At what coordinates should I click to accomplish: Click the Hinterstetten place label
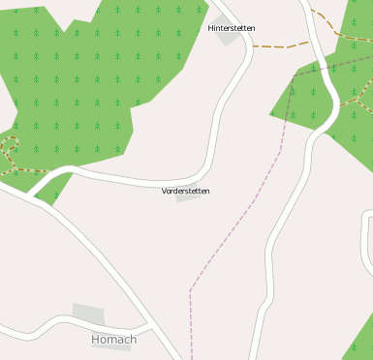click(232, 28)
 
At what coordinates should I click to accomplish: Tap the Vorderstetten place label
click(185, 191)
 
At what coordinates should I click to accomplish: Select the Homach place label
click(113, 340)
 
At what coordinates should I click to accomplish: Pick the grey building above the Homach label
click(88, 315)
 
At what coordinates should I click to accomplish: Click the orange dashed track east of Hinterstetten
click(281, 45)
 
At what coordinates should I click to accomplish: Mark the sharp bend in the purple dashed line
click(190, 289)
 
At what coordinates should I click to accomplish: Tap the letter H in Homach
click(95, 340)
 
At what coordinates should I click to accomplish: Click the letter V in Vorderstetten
click(165, 191)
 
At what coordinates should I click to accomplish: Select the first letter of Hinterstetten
click(211, 28)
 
